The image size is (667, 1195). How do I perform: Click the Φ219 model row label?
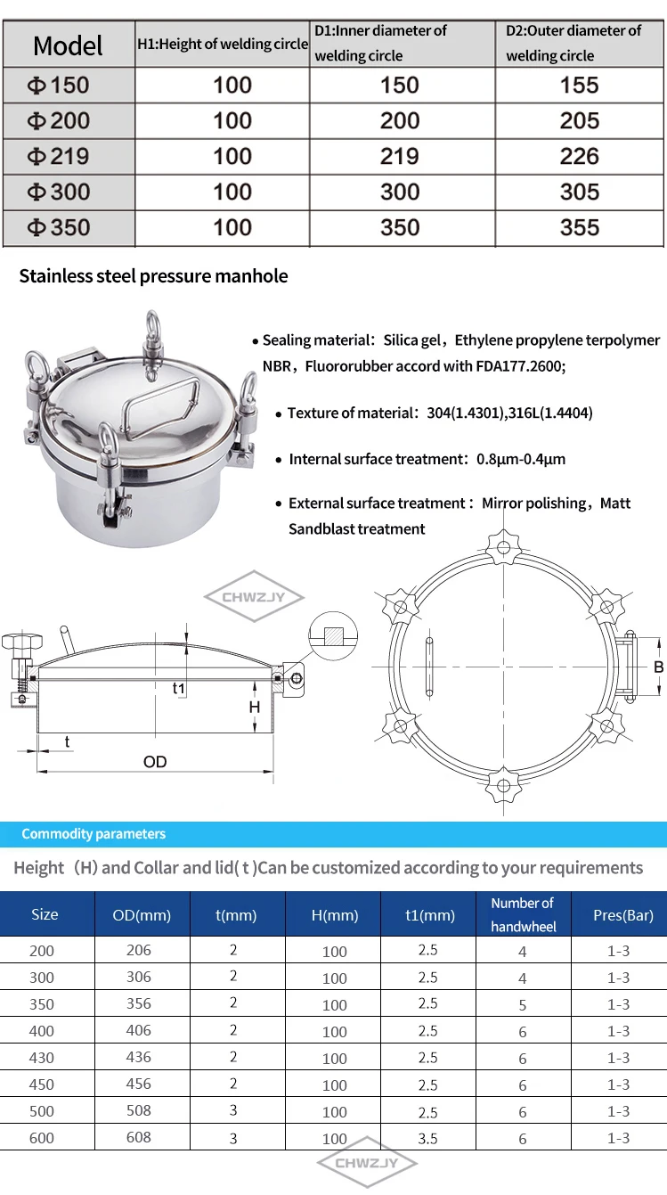point(58,156)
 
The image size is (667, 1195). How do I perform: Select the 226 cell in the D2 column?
point(579,156)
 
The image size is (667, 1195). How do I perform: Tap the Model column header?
point(68,45)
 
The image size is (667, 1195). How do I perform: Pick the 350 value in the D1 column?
point(400,227)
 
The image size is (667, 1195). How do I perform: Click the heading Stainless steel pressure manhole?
point(153,276)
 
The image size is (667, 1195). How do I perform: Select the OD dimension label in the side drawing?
point(155,762)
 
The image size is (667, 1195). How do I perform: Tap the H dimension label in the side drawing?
point(255,708)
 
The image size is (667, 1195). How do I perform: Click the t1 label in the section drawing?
point(179,688)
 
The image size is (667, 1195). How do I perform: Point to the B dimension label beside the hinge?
point(658,667)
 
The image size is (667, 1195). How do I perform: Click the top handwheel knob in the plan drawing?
point(504,547)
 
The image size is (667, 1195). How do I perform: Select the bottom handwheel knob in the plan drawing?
point(503,785)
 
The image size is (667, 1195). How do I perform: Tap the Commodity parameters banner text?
point(94,834)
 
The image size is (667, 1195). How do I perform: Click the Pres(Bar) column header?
point(623,915)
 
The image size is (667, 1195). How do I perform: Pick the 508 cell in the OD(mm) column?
point(139,1110)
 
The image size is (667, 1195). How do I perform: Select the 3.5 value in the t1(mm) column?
point(427,1139)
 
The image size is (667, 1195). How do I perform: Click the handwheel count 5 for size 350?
point(523,1004)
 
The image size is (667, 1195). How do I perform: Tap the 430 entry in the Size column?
point(42,1058)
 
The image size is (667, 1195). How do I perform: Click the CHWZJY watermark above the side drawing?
point(254,597)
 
